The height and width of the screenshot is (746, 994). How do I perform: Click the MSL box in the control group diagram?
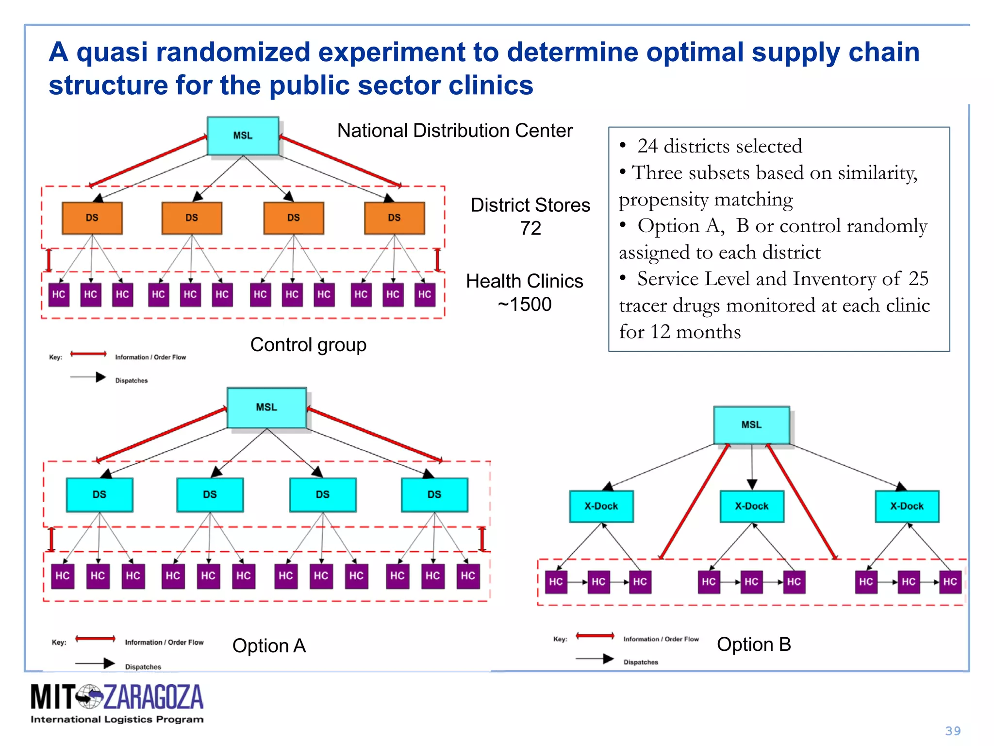[x=243, y=136]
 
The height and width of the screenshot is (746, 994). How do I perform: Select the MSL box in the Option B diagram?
[x=751, y=424]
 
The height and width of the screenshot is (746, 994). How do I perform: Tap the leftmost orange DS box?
[x=92, y=218]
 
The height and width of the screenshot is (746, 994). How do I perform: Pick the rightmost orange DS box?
[x=394, y=218]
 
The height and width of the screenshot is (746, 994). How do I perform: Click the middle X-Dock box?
[x=751, y=506]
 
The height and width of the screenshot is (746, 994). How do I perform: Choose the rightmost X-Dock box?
[x=907, y=506]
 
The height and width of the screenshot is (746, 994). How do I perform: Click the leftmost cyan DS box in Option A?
[x=99, y=494]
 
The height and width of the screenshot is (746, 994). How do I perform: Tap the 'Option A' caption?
[x=269, y=645]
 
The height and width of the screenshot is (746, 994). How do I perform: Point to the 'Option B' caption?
[x=754, y=644]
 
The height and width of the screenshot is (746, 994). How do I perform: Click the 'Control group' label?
[x=308, y=344]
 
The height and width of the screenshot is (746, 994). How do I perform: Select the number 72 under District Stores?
[x=530, y=228]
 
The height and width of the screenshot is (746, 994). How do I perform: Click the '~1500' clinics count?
[x=525, y=305]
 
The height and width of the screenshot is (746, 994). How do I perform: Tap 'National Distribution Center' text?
[x=455, y=131]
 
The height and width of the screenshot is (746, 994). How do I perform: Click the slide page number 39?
[x=953, y=731]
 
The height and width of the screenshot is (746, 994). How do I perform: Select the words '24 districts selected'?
[x=719, y=146]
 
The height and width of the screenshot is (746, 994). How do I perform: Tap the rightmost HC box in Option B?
[x=949, y=582]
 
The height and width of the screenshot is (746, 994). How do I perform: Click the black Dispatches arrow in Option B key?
[x=595, y=659]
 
